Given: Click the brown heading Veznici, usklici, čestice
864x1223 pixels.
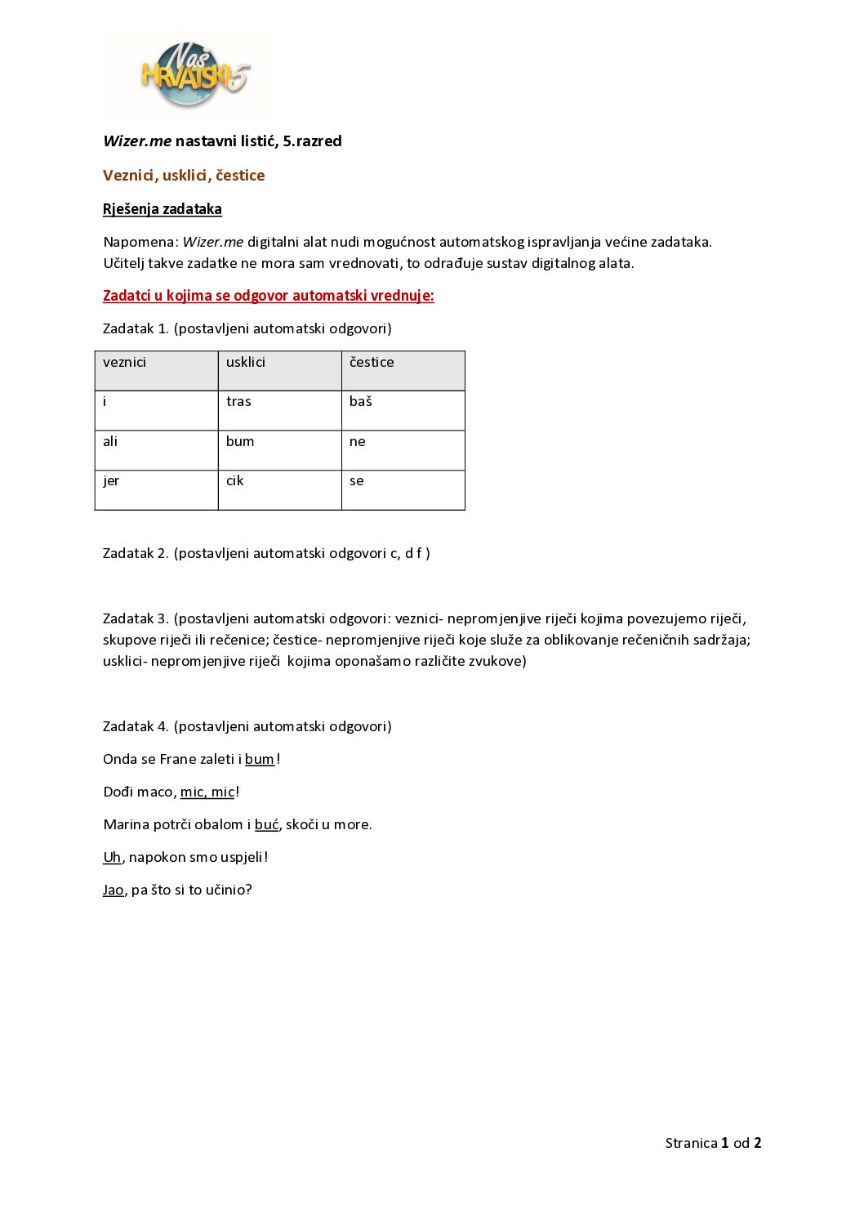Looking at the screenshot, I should (x=184, y=176).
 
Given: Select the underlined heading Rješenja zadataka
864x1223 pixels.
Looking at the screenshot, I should (x=163, y=209).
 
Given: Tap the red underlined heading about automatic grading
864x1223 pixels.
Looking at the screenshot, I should (x=268, y=296).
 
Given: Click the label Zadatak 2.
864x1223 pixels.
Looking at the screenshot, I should (x=136, y=554).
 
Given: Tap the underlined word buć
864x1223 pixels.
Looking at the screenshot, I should (x=266, y=825).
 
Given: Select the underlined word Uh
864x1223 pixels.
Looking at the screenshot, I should (x=112, y=858).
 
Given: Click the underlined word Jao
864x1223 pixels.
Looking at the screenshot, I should (x=113, y=890).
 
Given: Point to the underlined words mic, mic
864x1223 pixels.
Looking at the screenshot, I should (x=207, y=792).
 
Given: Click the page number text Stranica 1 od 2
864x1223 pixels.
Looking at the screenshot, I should (x=713, y=1144).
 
